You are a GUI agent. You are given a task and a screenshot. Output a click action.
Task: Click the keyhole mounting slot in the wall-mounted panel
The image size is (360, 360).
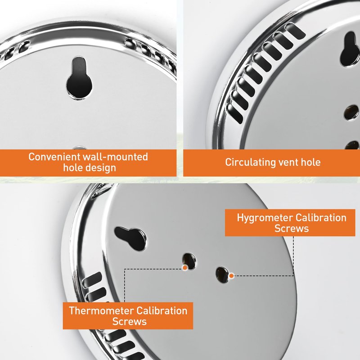coord(79,78)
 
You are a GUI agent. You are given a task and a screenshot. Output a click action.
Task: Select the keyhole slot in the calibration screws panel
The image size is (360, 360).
coord(130,238)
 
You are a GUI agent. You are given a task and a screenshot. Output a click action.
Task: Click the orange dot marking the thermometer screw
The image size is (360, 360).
coord(184,267)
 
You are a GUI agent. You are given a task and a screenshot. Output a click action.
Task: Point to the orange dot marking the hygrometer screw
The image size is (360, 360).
coord(231,275)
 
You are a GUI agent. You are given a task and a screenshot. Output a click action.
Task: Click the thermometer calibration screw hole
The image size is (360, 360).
coord(189,261)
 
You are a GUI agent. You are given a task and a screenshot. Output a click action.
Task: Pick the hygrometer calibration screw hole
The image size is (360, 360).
coord(222,275)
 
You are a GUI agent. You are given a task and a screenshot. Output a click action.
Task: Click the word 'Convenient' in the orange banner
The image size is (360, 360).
coord(54,157)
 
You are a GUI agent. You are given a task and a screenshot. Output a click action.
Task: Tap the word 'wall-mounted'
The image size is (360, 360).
coord(115,157)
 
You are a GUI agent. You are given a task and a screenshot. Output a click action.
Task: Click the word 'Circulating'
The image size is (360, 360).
coord(250,162)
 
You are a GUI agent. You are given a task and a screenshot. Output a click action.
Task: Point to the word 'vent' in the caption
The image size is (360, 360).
coord(288,162)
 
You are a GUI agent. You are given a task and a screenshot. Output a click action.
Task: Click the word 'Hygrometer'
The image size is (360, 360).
coord(265,218)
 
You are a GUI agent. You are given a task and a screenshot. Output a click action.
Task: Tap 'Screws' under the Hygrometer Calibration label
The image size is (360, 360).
coord(292,229)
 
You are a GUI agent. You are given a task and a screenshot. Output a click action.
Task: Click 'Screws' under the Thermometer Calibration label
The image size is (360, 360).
coord(130,321)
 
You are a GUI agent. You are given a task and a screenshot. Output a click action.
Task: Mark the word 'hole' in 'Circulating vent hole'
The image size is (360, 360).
coord(310,162)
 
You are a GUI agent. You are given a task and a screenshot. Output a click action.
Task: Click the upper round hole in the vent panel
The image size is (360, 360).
coord(351,112)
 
